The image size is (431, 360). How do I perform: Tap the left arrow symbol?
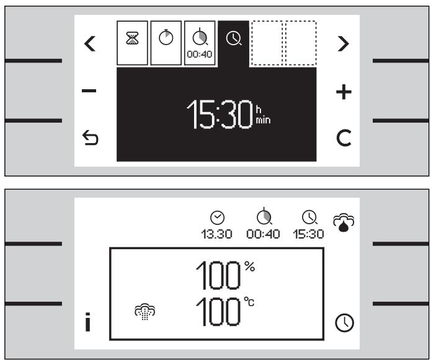coord(90,43)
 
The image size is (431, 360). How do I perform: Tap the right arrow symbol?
coord(340,43)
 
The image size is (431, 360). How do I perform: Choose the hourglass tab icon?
coord(132,37)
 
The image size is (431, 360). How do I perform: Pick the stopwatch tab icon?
coord(165,37)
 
